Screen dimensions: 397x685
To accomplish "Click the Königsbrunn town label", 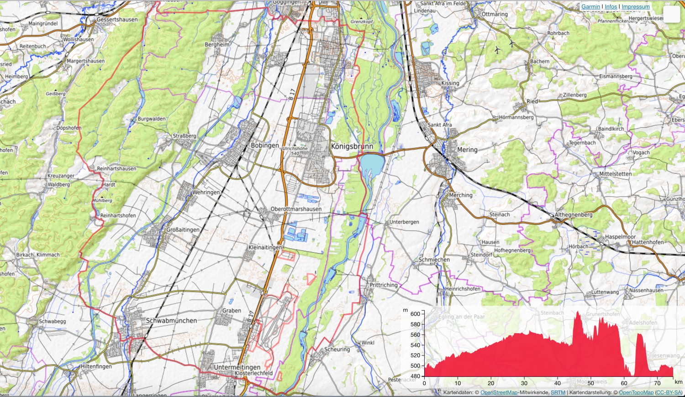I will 352,146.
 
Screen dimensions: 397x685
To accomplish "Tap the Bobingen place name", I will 264,146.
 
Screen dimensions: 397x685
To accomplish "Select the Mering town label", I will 467,150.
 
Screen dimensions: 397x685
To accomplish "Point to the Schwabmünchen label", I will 171,321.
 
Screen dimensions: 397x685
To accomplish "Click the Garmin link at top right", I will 590,7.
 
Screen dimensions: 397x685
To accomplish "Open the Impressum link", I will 635,7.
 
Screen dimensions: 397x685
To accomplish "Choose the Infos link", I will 611,7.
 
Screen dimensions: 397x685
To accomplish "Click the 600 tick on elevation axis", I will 415,314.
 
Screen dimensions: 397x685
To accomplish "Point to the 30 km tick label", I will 524,383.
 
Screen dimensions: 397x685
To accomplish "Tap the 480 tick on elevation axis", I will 415,376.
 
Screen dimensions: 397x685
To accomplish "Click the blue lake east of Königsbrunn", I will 372,165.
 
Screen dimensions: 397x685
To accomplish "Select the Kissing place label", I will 450,83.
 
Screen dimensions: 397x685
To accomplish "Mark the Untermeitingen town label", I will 237,367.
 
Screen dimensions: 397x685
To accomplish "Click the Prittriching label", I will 384,285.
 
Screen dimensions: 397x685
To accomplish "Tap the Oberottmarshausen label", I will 296,209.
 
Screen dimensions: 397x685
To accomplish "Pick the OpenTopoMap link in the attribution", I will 636,392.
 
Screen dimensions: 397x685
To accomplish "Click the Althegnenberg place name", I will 573,215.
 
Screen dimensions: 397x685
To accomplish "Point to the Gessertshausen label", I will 117,20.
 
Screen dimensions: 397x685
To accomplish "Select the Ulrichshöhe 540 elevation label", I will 295,151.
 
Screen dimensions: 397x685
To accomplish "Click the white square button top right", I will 671,14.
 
